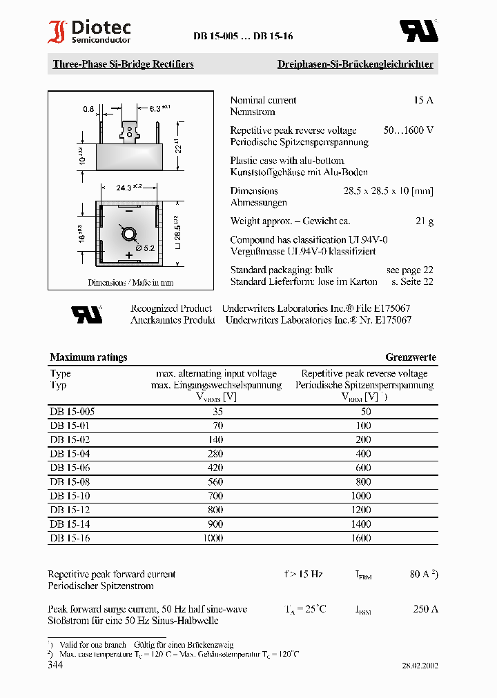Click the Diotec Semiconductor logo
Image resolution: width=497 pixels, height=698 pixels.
[x=89, y=32]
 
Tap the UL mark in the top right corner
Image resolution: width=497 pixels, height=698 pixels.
[x=419, y=31]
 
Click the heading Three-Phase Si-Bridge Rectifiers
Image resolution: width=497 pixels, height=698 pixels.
[x=123, y=64]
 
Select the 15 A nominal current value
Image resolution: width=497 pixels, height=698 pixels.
[x=423, y=100]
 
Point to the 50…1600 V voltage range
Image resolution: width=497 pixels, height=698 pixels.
[x=409, y=130]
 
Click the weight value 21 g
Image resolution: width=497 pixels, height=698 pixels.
[x=425, y=221]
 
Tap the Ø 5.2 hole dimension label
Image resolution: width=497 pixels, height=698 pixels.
[x=144, y=247]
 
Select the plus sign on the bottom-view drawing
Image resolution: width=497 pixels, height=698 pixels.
[x=128, y=255]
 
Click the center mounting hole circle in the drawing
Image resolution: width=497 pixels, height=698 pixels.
[x=129, y=234]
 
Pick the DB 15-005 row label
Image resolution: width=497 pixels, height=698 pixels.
[x=72, y=412]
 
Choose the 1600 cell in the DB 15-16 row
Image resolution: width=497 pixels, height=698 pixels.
[x=360, y=538]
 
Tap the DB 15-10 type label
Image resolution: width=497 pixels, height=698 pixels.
[x=70, y=496]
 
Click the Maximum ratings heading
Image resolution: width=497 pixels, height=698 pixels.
[x=88, y=357]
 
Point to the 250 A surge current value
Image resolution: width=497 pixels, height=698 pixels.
[x=425, y=609]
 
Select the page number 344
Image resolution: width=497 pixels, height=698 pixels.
[x=55, y=665]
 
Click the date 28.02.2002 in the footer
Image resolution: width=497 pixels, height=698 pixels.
[x=420, y=666]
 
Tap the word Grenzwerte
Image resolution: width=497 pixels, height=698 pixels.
[x=411, y=357]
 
